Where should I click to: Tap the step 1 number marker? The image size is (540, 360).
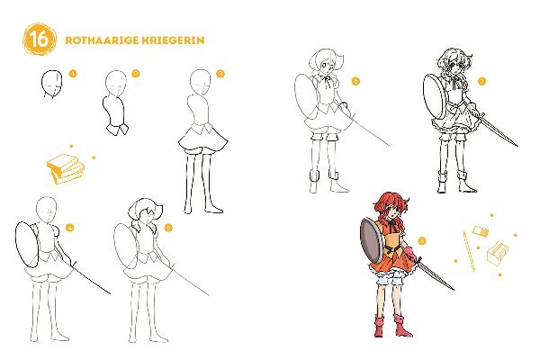73,74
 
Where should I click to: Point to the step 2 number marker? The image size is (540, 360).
135,74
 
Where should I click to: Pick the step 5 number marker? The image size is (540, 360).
168,226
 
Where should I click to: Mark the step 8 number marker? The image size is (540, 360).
422,240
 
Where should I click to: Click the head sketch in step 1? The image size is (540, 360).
51,83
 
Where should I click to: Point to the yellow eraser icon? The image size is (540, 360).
480,232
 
